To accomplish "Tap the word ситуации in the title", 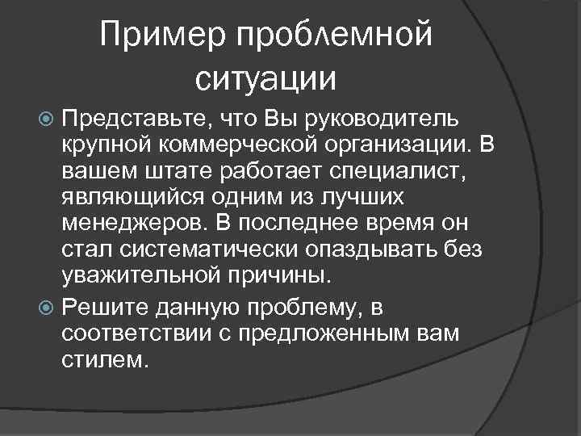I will [x=265, y=78].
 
